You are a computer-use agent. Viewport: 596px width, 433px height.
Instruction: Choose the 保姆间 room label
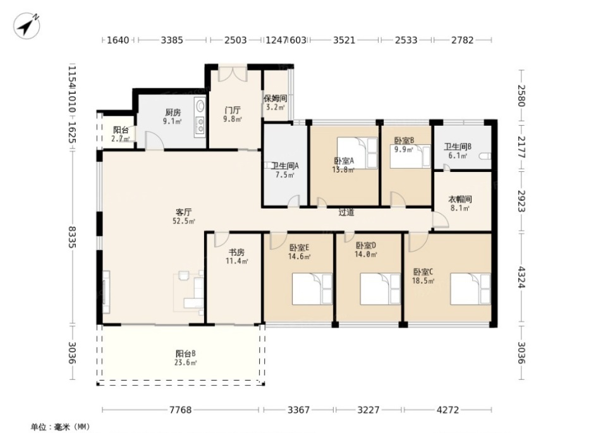[276, 99]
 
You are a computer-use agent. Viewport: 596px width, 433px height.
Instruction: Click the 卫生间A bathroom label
[285, 166]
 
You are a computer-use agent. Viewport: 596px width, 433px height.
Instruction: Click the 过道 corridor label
[346, 213]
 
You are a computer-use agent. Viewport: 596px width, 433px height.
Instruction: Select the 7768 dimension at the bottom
[180, 410]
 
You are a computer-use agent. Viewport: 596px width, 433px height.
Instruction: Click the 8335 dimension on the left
[73, 238]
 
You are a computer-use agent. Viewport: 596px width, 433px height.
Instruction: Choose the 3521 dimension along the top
[344, 40]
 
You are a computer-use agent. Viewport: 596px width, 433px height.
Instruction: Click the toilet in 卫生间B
[485, 156]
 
